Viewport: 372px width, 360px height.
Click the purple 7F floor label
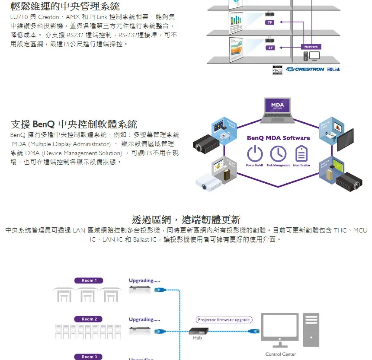tap(270, 22)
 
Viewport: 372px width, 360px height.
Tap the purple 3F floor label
tap(270, 48)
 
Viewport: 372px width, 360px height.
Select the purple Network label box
tap(311, 47)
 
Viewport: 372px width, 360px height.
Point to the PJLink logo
tap(334, 69)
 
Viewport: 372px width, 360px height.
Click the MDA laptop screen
tap(277, 106)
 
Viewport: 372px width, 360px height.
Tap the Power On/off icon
tap(255, 153)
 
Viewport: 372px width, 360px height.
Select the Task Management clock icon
tap(278, 153)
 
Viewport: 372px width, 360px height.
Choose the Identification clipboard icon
tap(301, 153)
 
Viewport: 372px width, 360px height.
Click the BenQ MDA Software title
tap(278, 138)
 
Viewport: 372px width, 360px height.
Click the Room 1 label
tap(89, 280)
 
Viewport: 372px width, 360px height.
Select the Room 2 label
tap(89, 319)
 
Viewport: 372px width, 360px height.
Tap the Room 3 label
tap(89, 357)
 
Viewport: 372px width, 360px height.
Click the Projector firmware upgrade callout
tap(224, 320)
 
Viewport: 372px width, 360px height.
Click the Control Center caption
tap(281, 354)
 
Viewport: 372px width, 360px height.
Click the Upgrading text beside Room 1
tap(144, 280)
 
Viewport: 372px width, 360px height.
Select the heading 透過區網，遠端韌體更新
tap(186, 220)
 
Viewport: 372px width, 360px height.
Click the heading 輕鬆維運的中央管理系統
tap(65, 6)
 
